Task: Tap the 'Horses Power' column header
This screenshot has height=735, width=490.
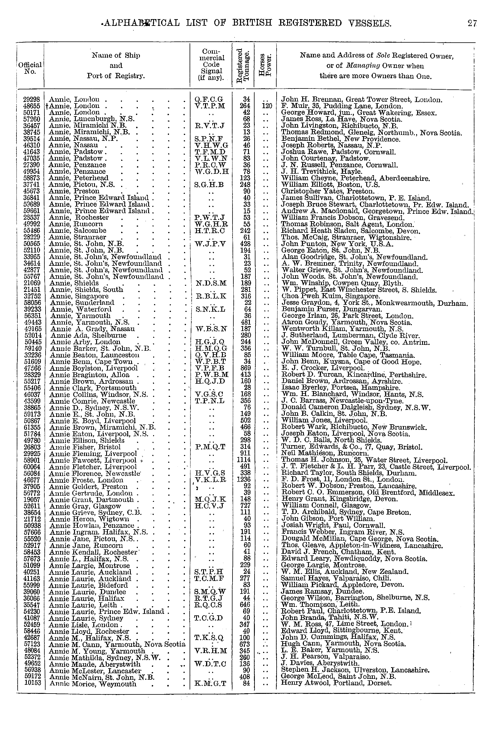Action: [265, 66]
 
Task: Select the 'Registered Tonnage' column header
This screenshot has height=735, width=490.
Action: [243, 66]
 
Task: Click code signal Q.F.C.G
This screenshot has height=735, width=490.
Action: [209, 100]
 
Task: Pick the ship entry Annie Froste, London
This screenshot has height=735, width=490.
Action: [86, 480]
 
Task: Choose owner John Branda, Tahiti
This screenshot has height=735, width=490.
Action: [330, 618]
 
